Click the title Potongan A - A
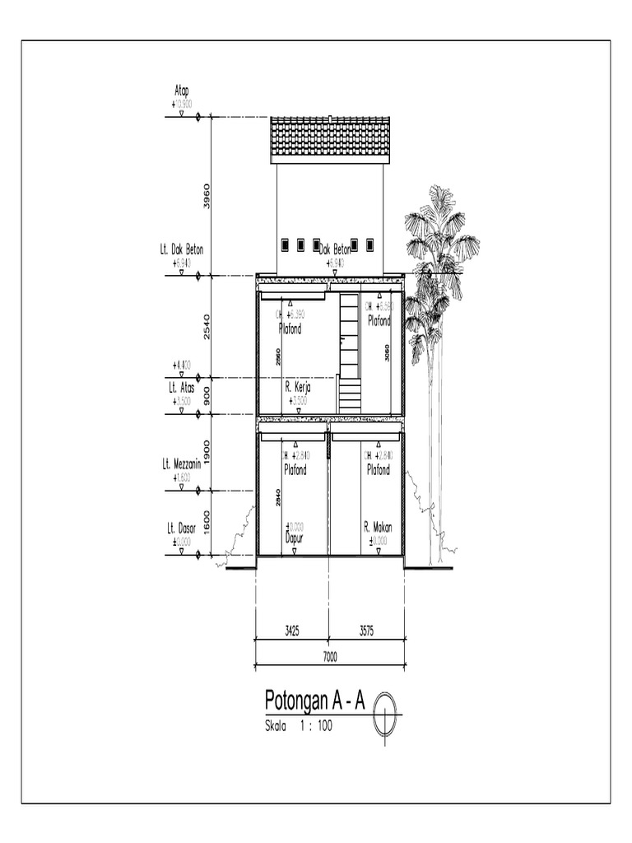point(314,701)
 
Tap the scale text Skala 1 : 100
point(298,727)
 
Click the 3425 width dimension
point(291,631)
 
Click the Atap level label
point(182,91)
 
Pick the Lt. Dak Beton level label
point(182,249)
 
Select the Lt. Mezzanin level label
point(182,464)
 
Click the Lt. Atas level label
point(182,387)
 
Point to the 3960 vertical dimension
point(207,196)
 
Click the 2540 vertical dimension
point(207,326)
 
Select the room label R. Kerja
point(297,386)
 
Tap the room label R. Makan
point(378,528)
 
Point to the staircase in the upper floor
point(350,354)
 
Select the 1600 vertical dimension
point(207,523)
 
